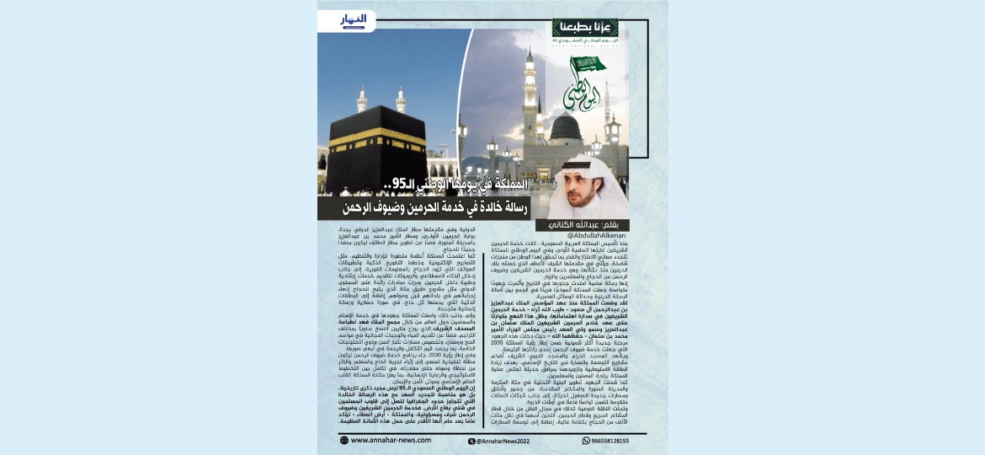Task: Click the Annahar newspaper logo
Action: pos(354,19)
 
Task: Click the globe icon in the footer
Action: pos(344,440)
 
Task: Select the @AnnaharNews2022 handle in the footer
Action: pos(503,441)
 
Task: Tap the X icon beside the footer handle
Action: pos(471,441)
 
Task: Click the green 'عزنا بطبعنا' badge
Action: pos(573,26)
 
